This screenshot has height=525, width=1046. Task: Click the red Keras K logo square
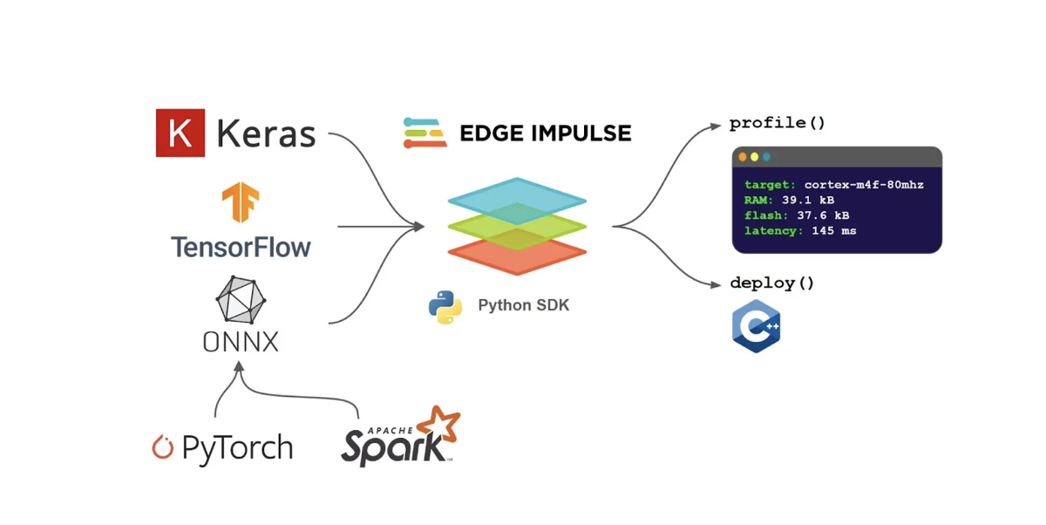pyautogui.click(x=180, y=133)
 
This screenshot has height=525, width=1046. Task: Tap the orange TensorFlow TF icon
pyautogui.click(x=241, y=201)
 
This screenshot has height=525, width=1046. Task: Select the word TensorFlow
pyautogui.click(x=241, y=247)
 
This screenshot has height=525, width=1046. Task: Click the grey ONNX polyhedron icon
pyautogui.click(x=241, y=299)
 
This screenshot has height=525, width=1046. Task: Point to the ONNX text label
pyautogui.click(x=241, y=342)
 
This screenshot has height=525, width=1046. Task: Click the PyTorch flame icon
pyautogui.click(x=162, y=447)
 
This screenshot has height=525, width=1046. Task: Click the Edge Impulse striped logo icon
pyautogui.click(x=425, y=133)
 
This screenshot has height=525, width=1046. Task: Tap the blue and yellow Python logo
pyautogui.click(x=445, y=307)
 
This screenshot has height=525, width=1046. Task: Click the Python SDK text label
pyautogui.click(x=524, y=305)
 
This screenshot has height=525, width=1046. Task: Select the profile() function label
pyautogui.click(x=778, y=123)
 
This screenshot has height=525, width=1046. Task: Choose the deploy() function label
pyautogui.click(x=772, y=283)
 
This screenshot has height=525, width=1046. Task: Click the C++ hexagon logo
pyautogui.click(x=757, y=326)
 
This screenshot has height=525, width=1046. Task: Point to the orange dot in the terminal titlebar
pyautogui.click(x=743, y=157)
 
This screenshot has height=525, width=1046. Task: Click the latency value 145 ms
pyautogui.click(x=834, y=231)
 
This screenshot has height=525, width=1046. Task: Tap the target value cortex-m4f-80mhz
pyautogui.click(x=864, y=185)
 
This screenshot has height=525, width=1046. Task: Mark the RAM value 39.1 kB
pyautogui.click(x=808, y=200)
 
